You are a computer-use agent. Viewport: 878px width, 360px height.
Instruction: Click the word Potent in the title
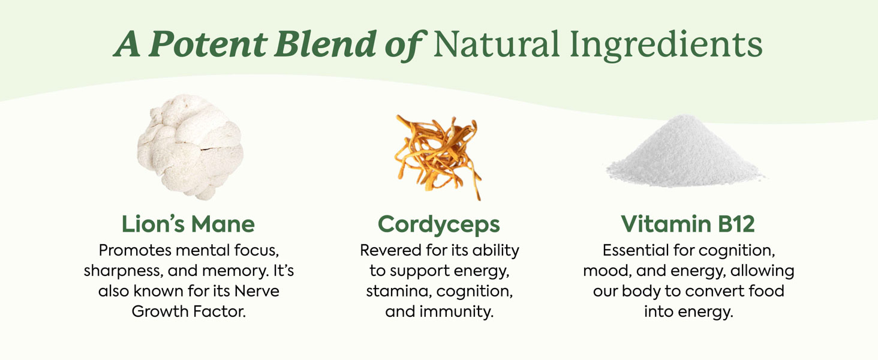click(208, 44)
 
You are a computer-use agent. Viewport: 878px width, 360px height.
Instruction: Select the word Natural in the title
click(497, 44)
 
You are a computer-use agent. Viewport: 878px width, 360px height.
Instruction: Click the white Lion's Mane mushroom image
click(190, 147)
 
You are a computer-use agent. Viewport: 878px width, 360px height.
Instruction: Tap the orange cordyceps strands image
click(438, 157)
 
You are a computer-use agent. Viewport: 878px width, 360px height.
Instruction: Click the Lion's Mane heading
click(188, 224)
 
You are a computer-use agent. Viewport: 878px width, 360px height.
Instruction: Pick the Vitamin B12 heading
click(688, 224)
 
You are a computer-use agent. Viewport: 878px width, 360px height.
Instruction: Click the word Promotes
click(135, 250)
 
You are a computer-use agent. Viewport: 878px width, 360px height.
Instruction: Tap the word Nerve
click(257, 291)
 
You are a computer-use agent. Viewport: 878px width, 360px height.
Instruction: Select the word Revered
click(390, 250)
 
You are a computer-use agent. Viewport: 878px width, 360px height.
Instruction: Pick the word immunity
click(456, 312)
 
